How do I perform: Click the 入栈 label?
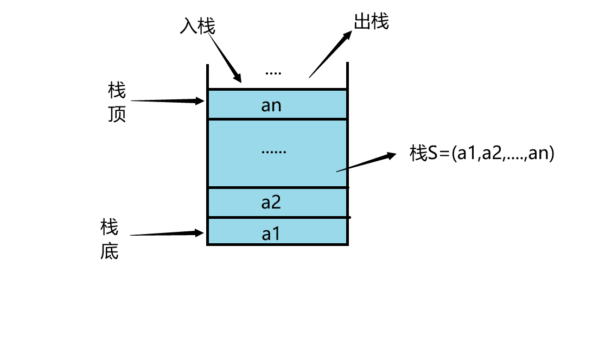pyautogui.click(x=197, y=26)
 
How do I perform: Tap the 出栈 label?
pyautogui.click(x=372, y=22)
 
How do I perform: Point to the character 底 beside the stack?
pyautogui.click(x=110, y=252)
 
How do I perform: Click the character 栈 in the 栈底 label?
pyautogui.click(x=110, y=228)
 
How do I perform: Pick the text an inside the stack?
pyautogui.click(x=271, y=105)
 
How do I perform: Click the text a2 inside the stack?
pyautogui.click(x=271, y=203)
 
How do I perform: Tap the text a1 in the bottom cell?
pyautogui.click(x=271, y=234)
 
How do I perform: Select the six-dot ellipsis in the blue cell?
pyautogui.click(x=273, y=151)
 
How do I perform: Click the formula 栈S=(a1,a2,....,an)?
pyautogui.click(x=482, y=154)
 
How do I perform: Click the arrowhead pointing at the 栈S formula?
pyautogui.click(x=391, y=156)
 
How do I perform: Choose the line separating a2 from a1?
pyautogui.click(x=277, y=217)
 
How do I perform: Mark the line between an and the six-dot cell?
pyautogui.click(x=277, y=119)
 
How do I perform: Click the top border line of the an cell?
pyautogui.click(x=277, y=89)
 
